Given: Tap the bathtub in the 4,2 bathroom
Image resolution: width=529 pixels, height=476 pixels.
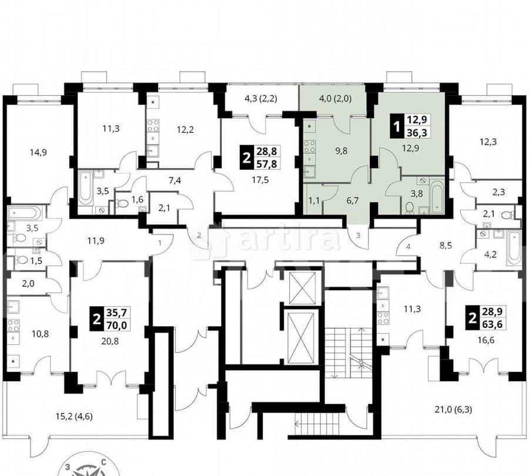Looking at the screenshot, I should [x=514, y=246].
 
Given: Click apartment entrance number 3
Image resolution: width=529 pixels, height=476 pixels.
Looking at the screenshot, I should [x=359, y=236].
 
